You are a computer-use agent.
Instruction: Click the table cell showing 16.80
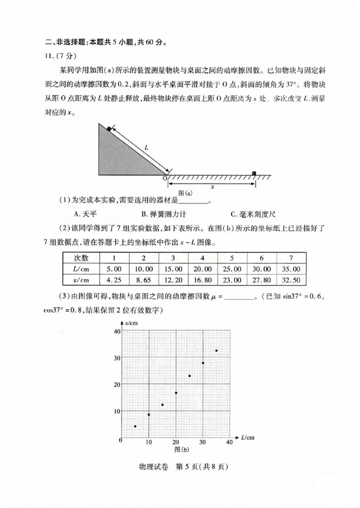202,280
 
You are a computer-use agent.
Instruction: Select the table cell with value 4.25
114,280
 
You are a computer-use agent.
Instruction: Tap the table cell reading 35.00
291,269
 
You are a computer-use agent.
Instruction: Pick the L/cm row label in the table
81,269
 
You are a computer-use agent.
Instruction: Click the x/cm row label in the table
81,280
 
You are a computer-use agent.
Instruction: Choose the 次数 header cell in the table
81,258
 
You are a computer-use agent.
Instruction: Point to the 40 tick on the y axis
117,331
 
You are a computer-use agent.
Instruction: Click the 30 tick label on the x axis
202,442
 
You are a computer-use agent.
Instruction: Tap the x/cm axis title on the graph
132,323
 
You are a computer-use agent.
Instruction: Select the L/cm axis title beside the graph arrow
247,437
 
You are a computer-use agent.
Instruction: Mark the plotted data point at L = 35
216,351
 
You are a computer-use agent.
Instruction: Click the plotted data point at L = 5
135,426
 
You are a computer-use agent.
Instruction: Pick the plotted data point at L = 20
176,393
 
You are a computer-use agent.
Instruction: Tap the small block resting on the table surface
254,174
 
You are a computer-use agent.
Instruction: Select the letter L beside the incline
146,147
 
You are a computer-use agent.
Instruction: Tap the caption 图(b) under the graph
181,449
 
